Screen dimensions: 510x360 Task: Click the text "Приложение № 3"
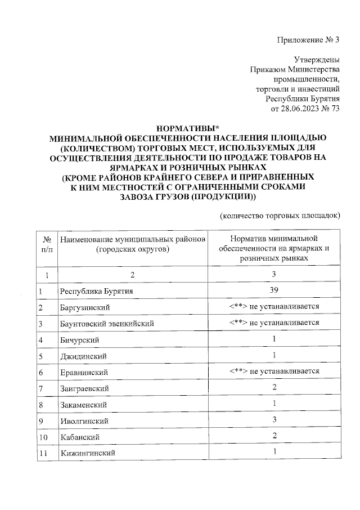click(x=308, y=39)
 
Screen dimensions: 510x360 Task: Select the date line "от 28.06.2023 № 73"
click(x=306, y=109)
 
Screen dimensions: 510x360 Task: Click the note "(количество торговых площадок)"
click(x=280, y=216)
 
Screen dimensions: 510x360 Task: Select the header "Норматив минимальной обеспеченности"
click(x=274, y=239)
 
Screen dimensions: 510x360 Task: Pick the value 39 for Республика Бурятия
click(x=274, y=290)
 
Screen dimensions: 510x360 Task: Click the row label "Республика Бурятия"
click(x=97, y=291)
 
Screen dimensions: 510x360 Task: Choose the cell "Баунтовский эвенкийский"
click(x=106, y=324)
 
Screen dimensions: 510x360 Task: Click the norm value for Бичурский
click(x=274, y=339)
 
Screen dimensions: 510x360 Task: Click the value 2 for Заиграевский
click(x=274, y=388)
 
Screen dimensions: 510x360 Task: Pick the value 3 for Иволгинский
click(x=274, y=420)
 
